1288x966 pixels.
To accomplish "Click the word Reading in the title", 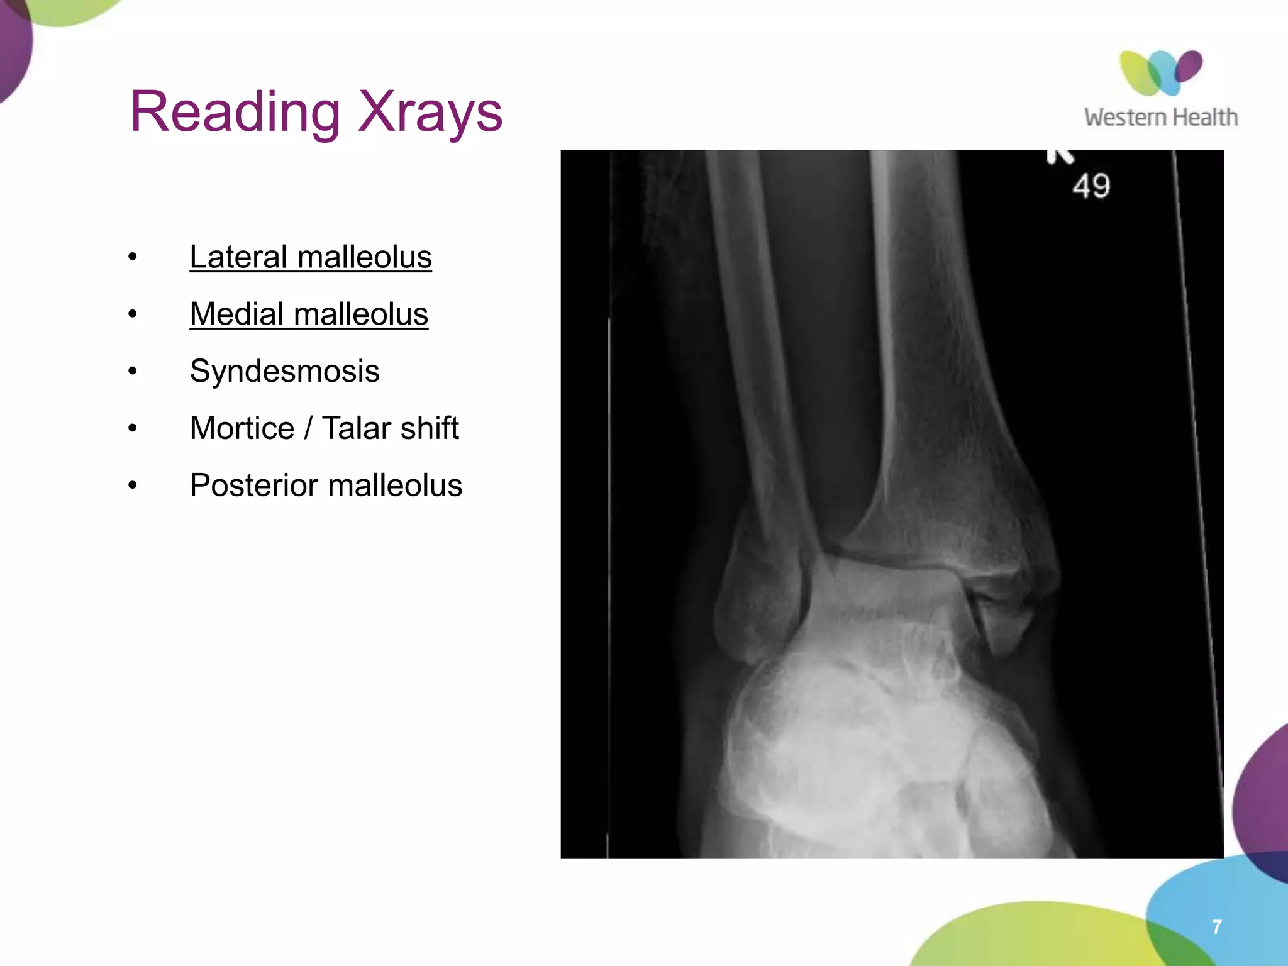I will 235,112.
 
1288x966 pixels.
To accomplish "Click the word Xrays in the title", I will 430,112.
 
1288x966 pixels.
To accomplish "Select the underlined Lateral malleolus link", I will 311,257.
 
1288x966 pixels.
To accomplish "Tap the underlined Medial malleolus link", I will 309,314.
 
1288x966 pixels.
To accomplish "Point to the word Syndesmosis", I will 284,371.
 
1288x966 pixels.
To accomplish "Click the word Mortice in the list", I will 242,428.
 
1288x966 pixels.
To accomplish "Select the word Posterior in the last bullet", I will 254,486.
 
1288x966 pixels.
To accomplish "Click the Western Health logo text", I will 1161,118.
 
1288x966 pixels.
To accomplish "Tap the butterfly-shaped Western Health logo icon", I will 1161,72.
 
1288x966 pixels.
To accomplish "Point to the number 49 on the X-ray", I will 1091,186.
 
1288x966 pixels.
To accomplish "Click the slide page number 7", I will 1217,926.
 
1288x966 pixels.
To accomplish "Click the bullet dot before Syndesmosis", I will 132,371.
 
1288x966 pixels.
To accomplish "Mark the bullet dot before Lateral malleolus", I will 132,257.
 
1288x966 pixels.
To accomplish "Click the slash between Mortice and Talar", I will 308,428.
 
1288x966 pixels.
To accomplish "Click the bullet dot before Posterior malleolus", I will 132,486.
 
